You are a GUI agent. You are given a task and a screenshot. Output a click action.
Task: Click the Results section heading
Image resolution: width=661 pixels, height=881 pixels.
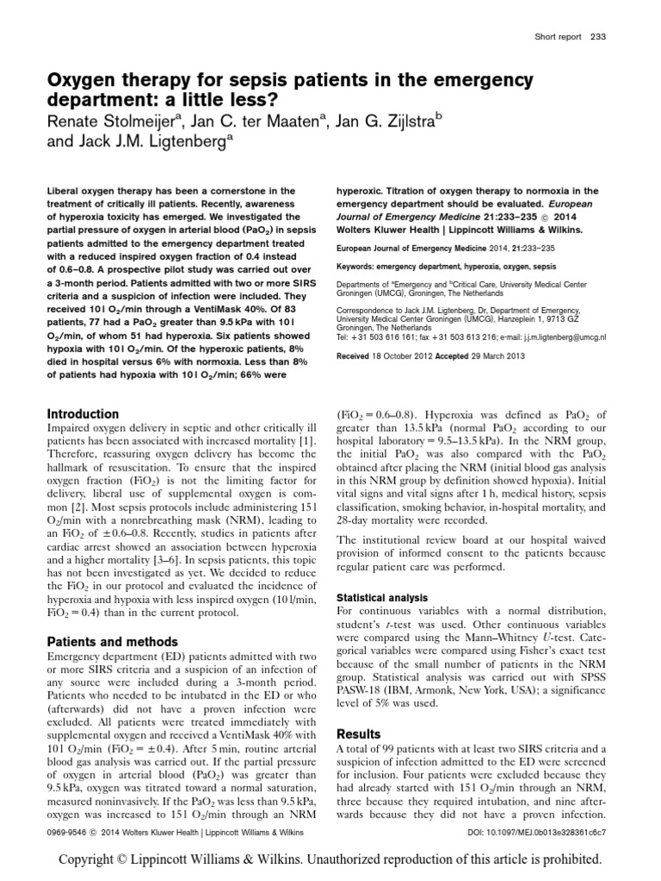(358, 734)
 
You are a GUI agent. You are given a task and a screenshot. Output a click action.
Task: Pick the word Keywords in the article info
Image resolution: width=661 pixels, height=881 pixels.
(358, 267)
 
